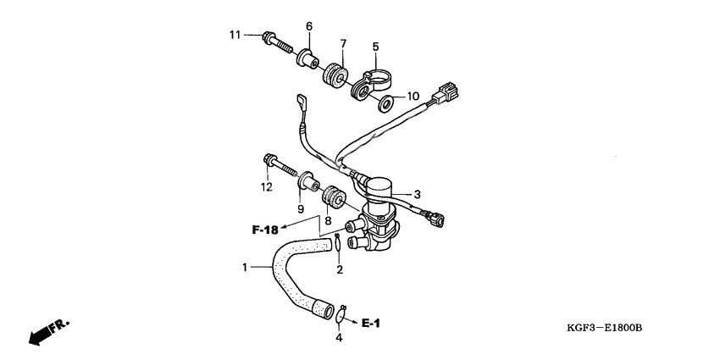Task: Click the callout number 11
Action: pyautogui.click(x=235, y=35)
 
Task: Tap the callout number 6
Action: pyautogui.click(x=309, y=26)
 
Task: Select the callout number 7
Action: pyautogui.click(x=344, y=43)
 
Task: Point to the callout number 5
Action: pyautogui.click(x=375, y=47)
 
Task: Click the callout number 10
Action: pyautogui.click(x=413, y=96)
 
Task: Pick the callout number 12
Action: pyautogui.click(x=266, y=186)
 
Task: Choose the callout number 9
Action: pyautogui.click(x=300, y=208)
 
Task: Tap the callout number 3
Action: pyautogui.click(x=416, y=194)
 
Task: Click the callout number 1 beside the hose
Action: pyautogui.click(x=244, y=268)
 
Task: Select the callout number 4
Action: pyautogui.click(x=339, y=338)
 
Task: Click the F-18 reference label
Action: pyautogui.click(x=265, y=229)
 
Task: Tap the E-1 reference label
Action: pyautogui.click(x=372, y=323)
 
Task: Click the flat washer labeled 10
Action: pyautogui.click(x=385, y=104)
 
